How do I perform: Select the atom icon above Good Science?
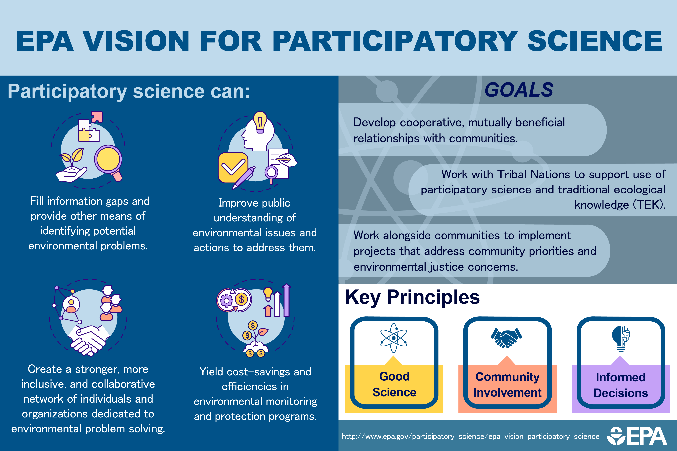393,338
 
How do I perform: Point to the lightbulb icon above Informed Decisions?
621,339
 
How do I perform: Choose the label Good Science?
394,384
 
